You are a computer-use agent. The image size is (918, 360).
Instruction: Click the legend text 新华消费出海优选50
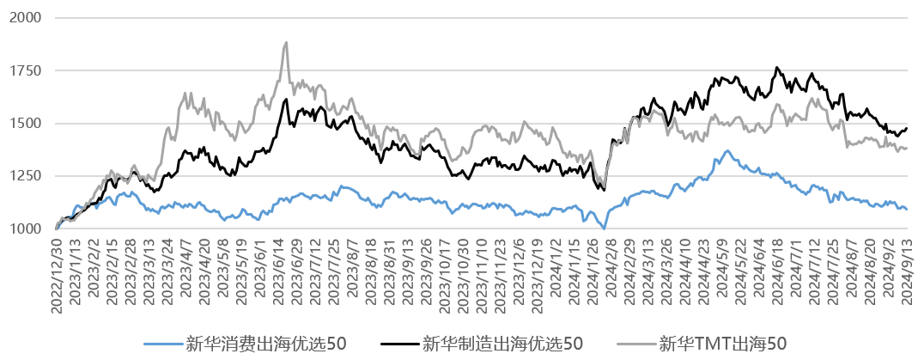pyautogui.click(x=266, y=344)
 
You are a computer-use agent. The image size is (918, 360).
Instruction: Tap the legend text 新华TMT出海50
pyautogui.click(x=722, y=344)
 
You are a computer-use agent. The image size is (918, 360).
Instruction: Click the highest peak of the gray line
pyautogui.click(x=285, y=42)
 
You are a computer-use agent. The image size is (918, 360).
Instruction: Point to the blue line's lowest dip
pyautogui.click(x=604, y=229)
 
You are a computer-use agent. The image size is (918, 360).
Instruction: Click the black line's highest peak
pyautogui.click(x=777, y=67)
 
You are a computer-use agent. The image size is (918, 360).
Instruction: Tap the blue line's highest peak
pyautogui.click(x=727, y=151)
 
